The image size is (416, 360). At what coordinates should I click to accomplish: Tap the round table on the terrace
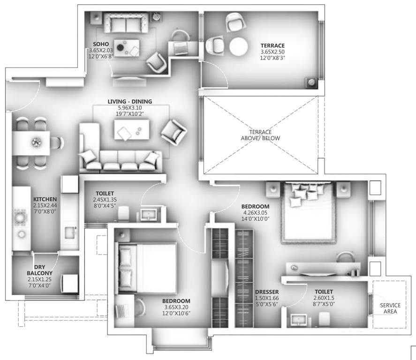click(238, 47)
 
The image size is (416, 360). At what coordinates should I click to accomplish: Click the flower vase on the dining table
click(36, 142)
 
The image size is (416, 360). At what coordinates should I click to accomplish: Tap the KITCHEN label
click(45, 199)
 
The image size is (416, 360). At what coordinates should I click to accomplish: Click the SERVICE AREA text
click(390, 308)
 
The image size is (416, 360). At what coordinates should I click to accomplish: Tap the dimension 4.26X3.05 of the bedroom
click(255, 212)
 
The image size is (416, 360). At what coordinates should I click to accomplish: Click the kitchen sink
click(70, 232)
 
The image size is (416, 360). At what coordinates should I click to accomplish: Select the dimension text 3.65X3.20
click(176, 307)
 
